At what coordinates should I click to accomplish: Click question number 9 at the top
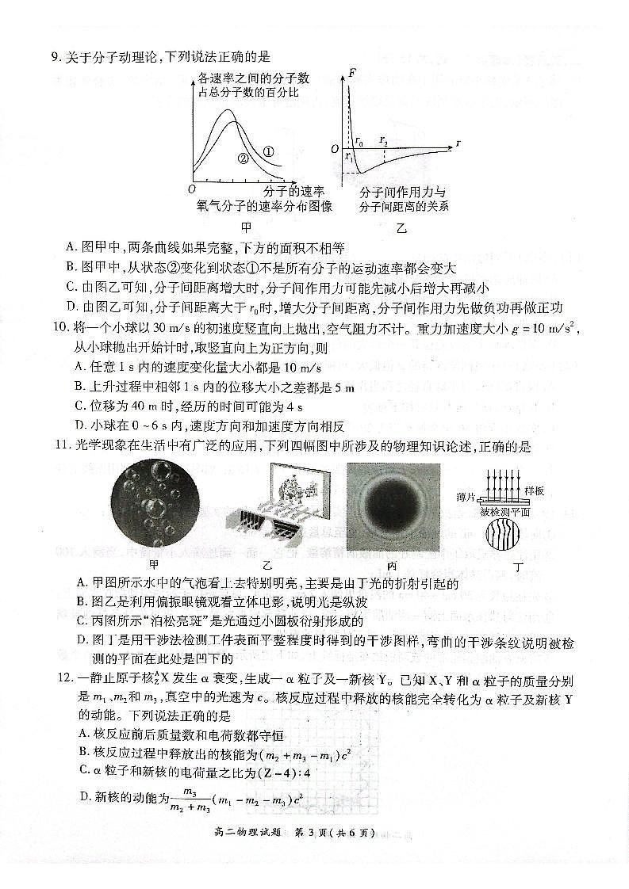point(56,56)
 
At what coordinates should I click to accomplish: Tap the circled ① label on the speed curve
point(268,151)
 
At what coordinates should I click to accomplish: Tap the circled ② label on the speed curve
point(243,158)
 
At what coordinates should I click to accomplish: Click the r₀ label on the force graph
point(359,143)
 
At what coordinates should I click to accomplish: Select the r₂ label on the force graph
point(383,143)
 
